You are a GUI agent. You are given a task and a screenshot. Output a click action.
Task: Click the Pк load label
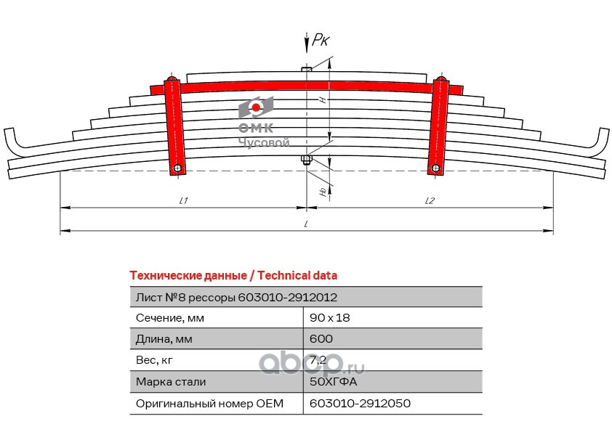click(x=320, y=41)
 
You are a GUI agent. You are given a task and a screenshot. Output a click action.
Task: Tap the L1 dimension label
click(x=183, y=201)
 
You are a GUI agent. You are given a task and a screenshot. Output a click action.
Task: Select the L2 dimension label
click(x=430, y=201)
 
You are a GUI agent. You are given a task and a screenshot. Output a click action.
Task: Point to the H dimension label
click(x=321, y=100)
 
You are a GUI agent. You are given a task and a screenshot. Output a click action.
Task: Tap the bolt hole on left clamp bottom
click(x=177, y=169)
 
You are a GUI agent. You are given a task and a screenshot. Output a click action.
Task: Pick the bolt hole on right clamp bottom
click(x=435, y=169)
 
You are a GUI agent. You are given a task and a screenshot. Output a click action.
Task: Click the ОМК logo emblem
click(x=257, y=109)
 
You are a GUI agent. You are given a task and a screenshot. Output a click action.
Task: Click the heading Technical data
click(x=297, y=276)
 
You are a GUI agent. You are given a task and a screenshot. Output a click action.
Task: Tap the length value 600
click(x=321, y=339)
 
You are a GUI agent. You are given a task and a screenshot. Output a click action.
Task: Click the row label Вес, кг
click(x=155, y=360)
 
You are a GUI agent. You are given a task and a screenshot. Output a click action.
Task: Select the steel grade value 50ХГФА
click(x=334, y=381)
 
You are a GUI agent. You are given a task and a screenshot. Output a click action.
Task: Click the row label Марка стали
click(x=171, y=381)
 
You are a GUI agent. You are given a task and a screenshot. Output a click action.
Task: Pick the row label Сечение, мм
click(x=170, y=318)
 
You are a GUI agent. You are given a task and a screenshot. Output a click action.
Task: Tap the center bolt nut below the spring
click(x=307, y=160)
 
